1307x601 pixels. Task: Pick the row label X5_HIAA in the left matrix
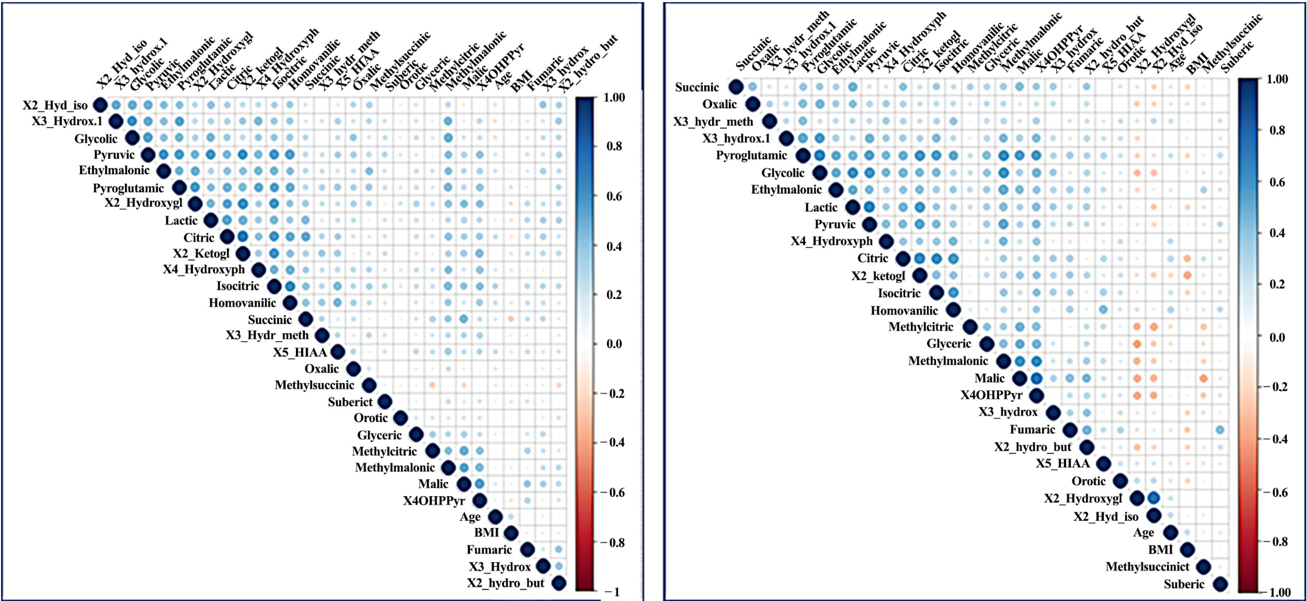(x=299, y=352)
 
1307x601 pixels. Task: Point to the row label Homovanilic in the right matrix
(x=904, y=310)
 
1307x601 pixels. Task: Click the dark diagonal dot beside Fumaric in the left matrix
(x=527, y=549)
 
